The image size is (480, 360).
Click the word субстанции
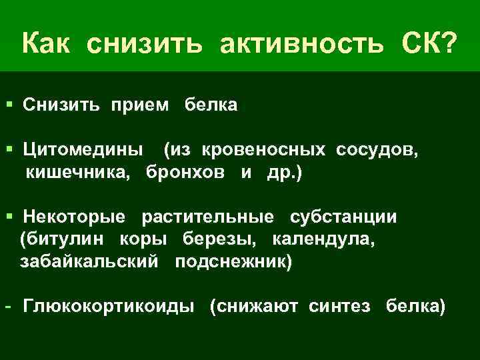coord(343,217)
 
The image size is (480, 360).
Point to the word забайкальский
coord(89,261)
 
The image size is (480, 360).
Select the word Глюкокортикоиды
coord(109,306)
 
